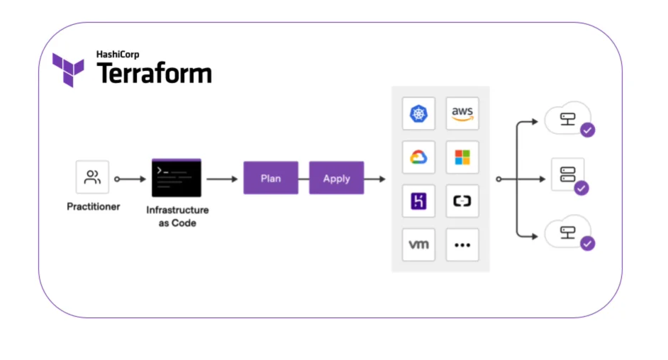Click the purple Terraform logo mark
tap(68, 69)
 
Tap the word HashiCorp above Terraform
tap(118, 54)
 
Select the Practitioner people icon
tap(93, 177)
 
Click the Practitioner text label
tap(94, 207)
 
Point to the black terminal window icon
tap(177, 178)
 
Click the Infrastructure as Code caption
tap(177, 216)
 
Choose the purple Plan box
tap(271, 178)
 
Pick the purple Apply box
tap(336, 178)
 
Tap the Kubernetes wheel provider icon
tap(418, 113)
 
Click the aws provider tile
tap(462, 113)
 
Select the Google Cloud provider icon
tap(418, 157)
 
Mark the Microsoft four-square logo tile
tap(462, 157)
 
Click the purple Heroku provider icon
tap(418, 201)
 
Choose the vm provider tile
tap(418, 245)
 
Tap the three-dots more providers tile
tap(462, 245)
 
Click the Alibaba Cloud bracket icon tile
tap(462, 201)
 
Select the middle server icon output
tap(567, 174)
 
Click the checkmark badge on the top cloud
tap(587, 130)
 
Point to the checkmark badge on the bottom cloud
tap(587, 243)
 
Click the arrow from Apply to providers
tap(376, 179)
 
